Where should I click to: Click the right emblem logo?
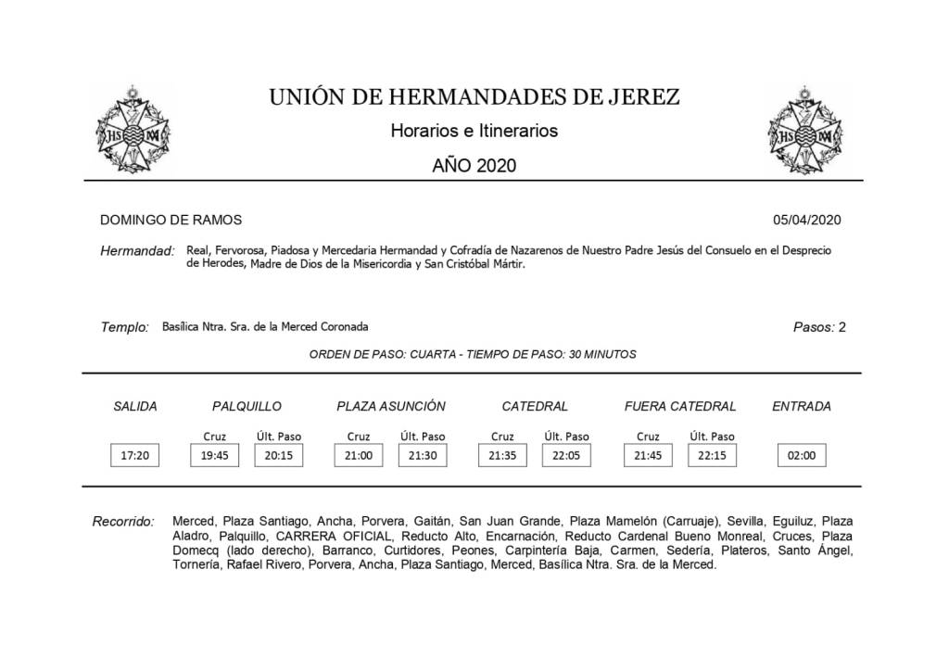pos(808,133)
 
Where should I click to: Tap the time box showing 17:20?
pos(134,455)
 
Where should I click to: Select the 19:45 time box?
pos(214,455)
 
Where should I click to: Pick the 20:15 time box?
pos(278,455)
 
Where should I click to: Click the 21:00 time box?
pos(358,455)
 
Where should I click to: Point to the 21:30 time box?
pos(422,455)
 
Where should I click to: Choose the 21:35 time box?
pos(502,455)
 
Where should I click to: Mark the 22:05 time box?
pos(565,455)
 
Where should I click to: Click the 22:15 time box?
pos(712,455)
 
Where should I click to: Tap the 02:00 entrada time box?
pos(802,455)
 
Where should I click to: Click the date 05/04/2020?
pos(806,220)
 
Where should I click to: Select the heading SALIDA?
pos(134,406)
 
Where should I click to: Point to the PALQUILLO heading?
pos(247,406)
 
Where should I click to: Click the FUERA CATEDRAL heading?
pos(680,406)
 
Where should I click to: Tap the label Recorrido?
pos(123,522)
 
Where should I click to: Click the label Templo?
pos(124,327)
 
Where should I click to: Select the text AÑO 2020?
pos(474,166)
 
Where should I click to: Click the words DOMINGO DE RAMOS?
pos(171,220)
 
